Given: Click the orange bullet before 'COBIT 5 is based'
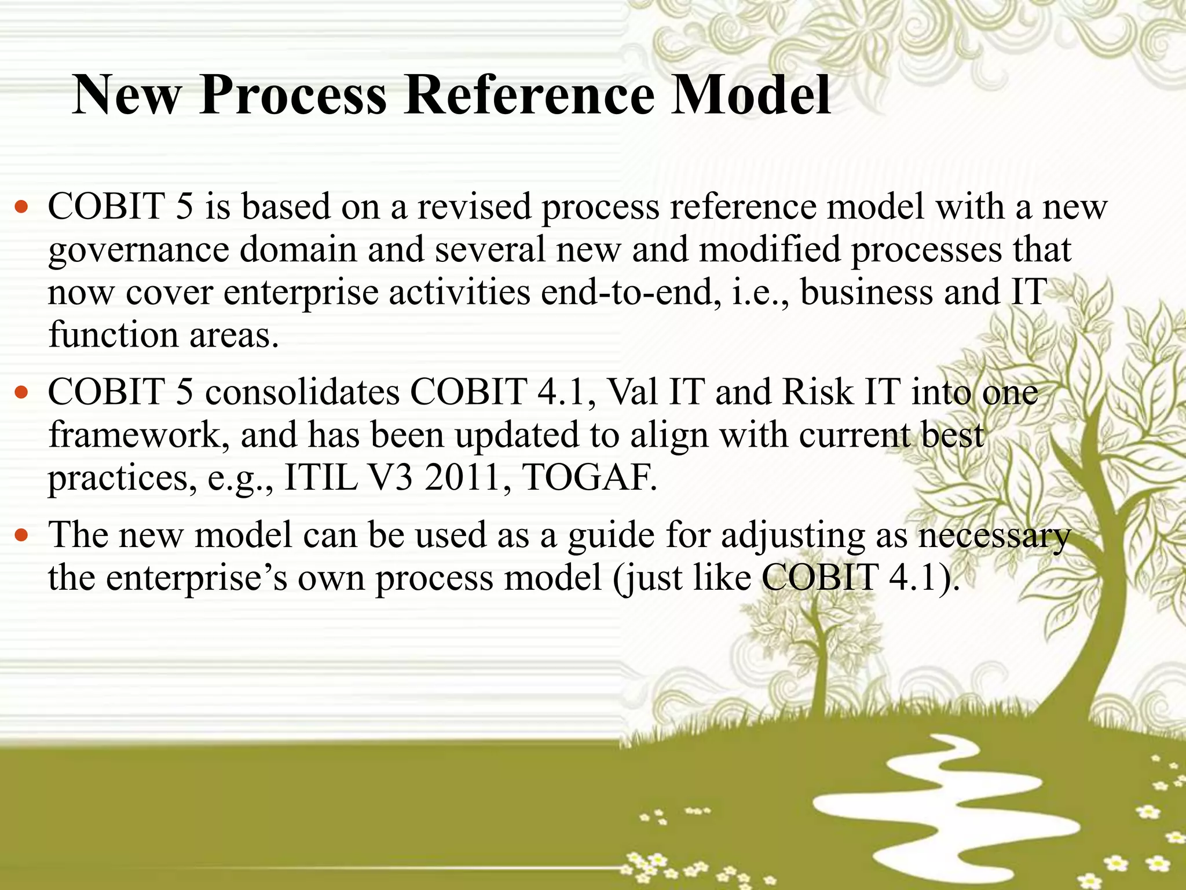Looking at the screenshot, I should (x=21, y=207).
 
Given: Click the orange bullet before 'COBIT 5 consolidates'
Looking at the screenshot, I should (x=21, y=393).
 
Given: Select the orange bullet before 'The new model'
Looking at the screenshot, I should (x=21, y=535).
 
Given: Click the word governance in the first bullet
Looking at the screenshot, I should (x=139, y=251).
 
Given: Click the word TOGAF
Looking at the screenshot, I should (x=589, y=478).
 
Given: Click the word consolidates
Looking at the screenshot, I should (x=302, y=392).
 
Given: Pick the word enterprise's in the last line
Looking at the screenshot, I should (x=196, y=578).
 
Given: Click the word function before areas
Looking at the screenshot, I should (x=114, y=335).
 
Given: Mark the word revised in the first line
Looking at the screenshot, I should (x=474, y=207).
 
